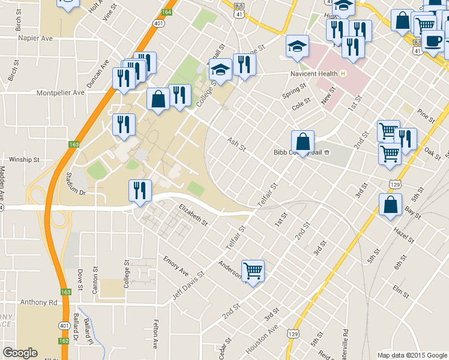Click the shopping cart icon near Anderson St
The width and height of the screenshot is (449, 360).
(253, 271)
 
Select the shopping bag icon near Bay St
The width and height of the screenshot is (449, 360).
(390, 204)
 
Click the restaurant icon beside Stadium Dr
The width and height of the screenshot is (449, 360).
(140, 191)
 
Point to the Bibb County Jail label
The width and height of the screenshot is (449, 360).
(297, 152)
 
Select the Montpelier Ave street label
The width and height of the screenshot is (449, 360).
(61, 93)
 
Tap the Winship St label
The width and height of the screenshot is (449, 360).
(24, 160)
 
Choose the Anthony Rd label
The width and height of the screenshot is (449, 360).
(38, 302)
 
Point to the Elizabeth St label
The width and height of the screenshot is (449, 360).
(193, 215)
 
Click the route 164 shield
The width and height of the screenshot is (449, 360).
(166, 11)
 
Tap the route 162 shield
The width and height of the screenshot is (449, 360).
(64, 340)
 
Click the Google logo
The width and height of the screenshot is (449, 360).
(20, 353)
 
